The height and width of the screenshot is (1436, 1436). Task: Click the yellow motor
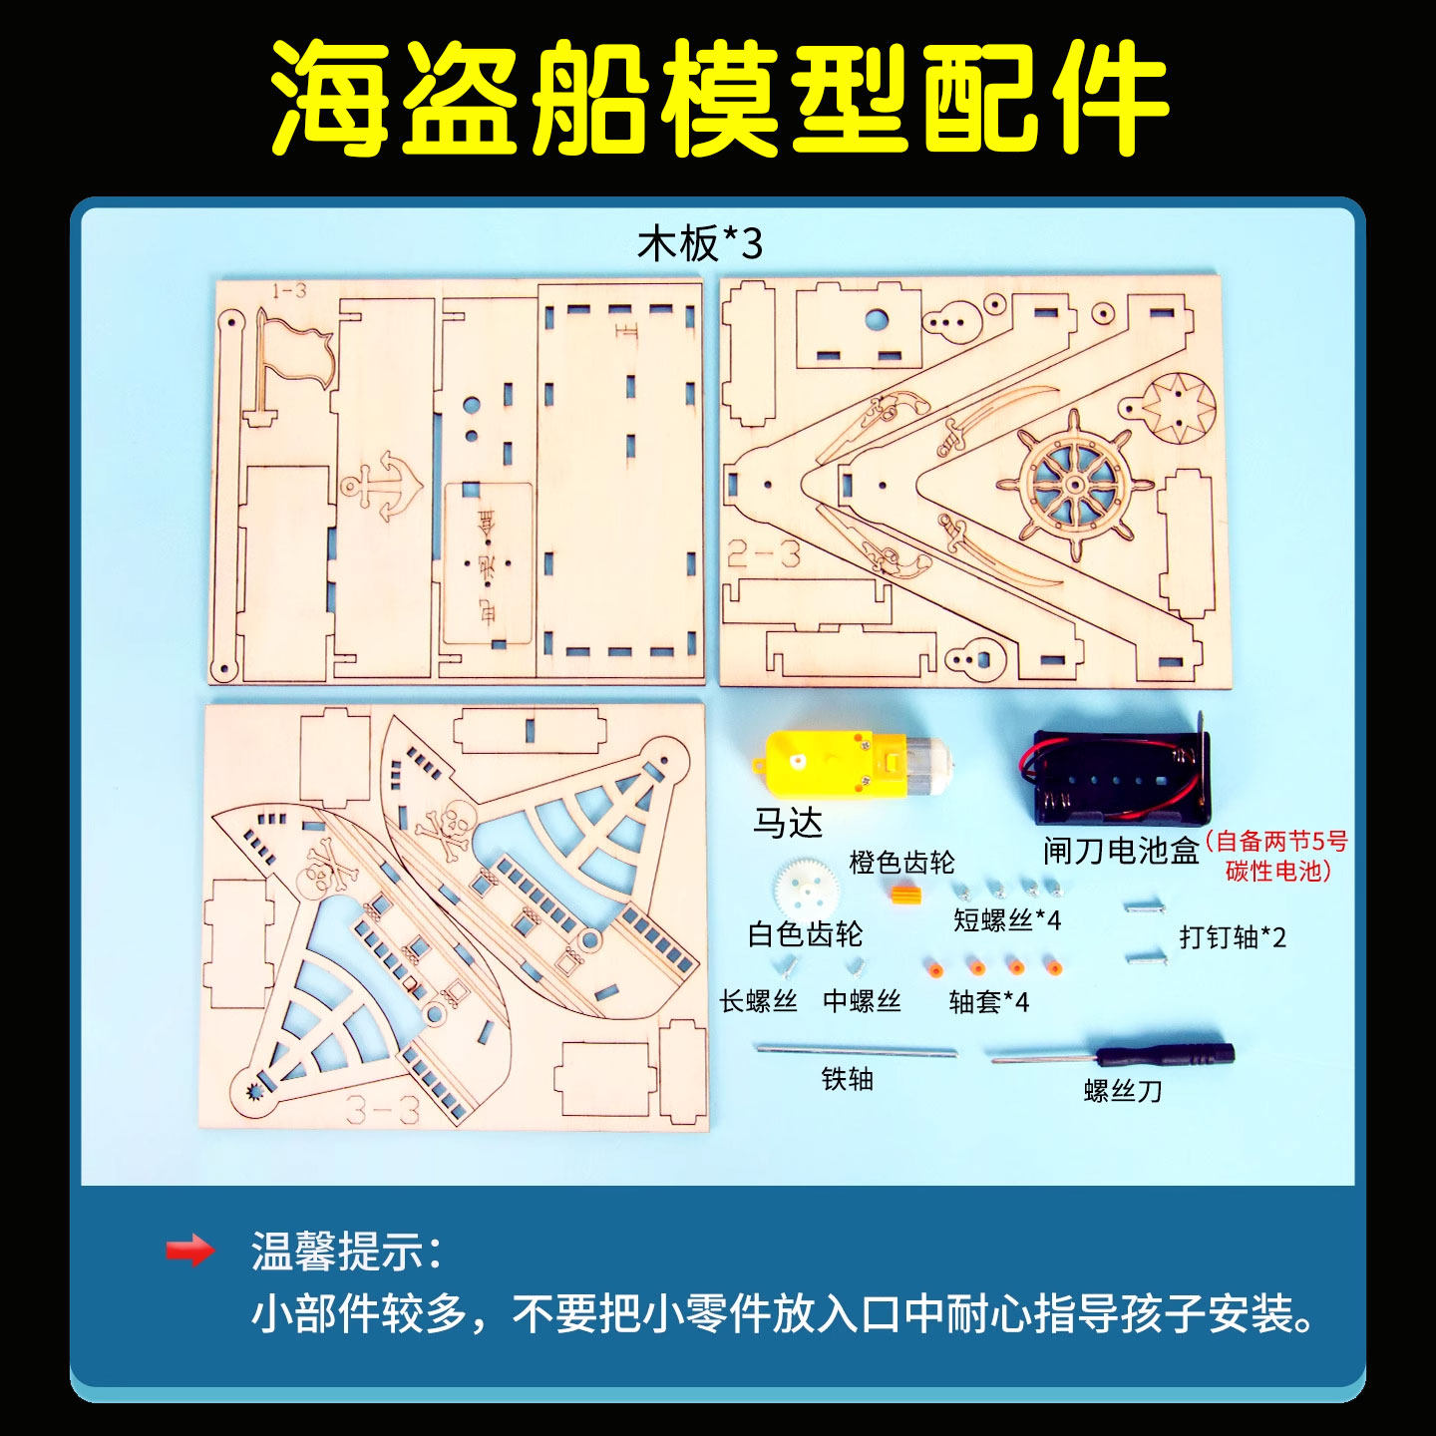point(848,764)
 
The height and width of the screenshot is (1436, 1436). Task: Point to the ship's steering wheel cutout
point(1075,485)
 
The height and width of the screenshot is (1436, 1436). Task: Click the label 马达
point(788,824)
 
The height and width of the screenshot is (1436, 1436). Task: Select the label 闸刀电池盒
point(1120,851)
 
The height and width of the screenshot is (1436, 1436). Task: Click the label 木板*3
point(700,243)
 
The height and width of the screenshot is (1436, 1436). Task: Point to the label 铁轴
point(848,1079)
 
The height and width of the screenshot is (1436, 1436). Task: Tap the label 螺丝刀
point(1123,1091)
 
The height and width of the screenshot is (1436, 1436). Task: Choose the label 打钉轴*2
point(1233,937)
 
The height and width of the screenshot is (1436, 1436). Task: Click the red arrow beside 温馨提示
point(189,1251)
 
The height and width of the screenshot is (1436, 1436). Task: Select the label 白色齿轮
point(805,934)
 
